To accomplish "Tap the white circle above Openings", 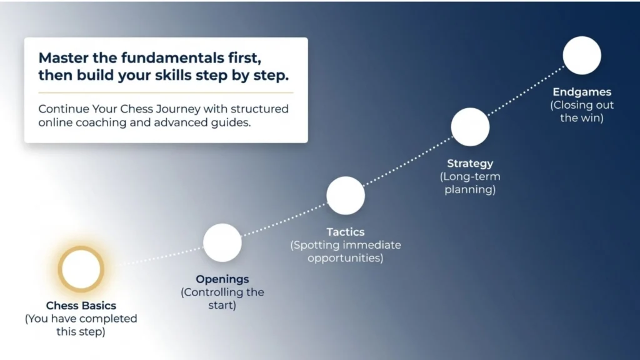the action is click(x=222, y=243).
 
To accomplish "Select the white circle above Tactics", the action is click(x=346, y=196).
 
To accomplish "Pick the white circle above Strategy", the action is click(x=470, y=127).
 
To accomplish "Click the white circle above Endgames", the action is click(x=582, y=56).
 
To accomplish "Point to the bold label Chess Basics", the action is click(x=81, y=305).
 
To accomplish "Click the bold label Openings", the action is click(x=222, y=279).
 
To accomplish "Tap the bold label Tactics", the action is click(x=346, y=232).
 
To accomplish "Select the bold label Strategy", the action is click(x=470, y=164).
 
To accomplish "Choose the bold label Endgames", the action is click(x=582, y=92).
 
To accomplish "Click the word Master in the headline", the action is click(x=63, y=58).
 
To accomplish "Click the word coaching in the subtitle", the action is click(x=101, y=122).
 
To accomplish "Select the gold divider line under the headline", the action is click(x=166, y=93).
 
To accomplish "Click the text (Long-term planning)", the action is click(x=470, y=183).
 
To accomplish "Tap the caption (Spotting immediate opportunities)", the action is click(x=346, y=251).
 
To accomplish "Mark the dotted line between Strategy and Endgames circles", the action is click(x=526, y=91).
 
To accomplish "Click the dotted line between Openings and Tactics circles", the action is click(x=284, y=219).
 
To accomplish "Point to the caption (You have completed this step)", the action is click(x=81, y=325).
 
